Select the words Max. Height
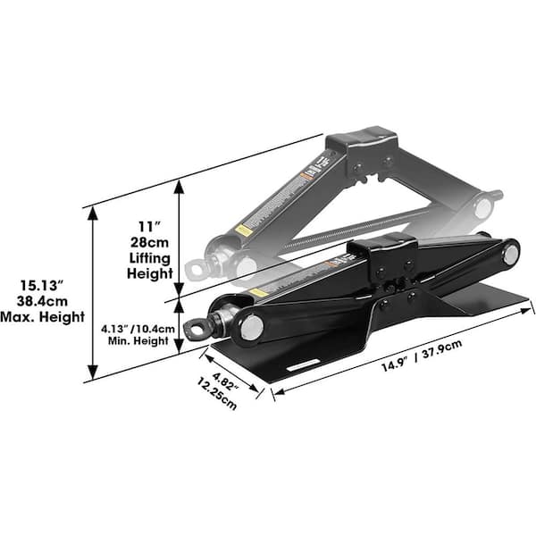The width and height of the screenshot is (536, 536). click(44, 317)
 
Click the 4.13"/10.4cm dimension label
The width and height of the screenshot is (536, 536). click(136, 328)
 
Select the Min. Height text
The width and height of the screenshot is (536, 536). click(136, 341)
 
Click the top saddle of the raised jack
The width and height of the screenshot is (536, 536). click(362, 141)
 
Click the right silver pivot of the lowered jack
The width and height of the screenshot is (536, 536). click(510, 254)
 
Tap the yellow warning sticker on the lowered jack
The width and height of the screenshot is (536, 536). click(259, 292)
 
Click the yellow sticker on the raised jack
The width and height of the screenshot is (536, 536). click(242, 230)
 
